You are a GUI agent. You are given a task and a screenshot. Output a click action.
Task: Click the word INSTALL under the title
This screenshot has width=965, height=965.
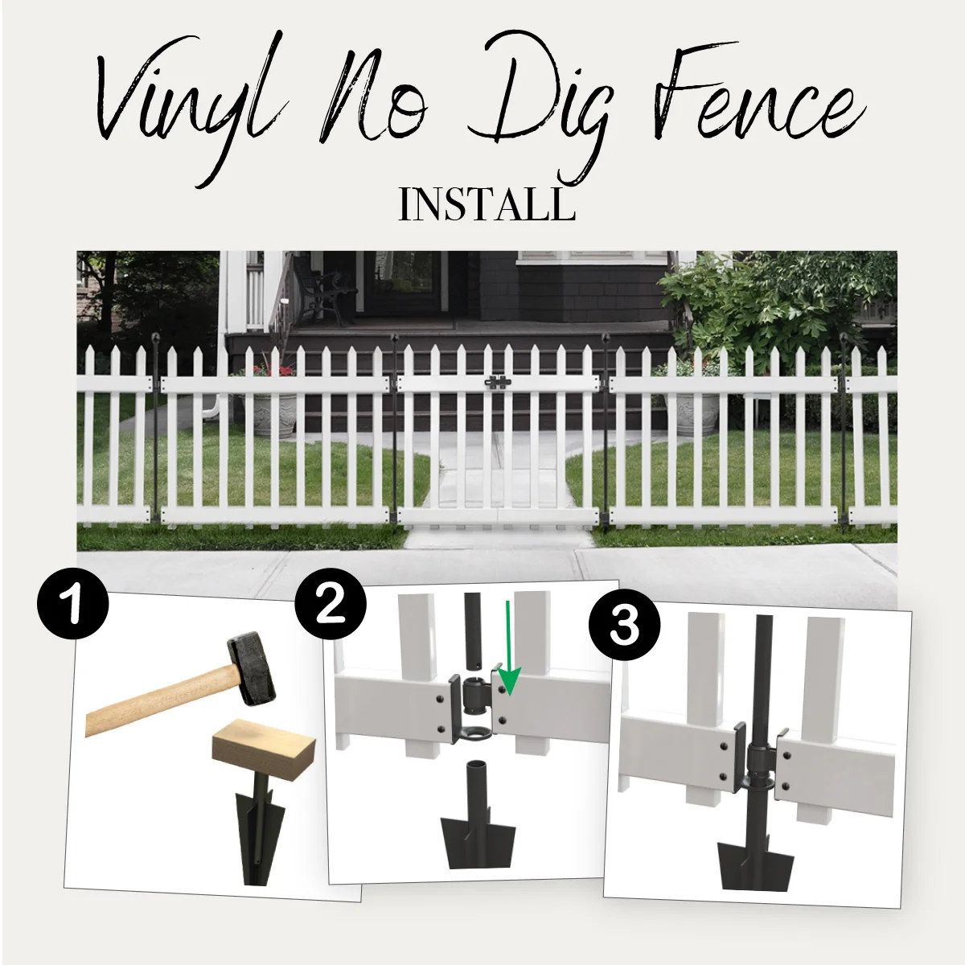[487, 205]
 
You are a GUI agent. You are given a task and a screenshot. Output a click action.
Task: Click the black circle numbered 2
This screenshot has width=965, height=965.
[330, 605]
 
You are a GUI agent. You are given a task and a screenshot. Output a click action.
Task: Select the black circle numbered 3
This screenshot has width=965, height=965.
[625, 625]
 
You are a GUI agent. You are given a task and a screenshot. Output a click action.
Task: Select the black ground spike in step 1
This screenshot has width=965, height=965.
[260, 836]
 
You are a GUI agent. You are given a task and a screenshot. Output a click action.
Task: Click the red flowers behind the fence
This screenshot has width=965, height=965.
[273, 371]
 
